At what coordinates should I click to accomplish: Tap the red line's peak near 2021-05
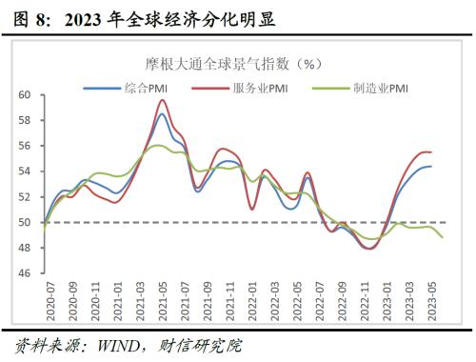pos(163,100)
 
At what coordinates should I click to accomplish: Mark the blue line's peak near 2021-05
pos(162,114)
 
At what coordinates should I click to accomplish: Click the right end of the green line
pos(442,237)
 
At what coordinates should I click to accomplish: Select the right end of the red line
pos(431,152)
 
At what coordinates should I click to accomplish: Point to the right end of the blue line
pos(431,167)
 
